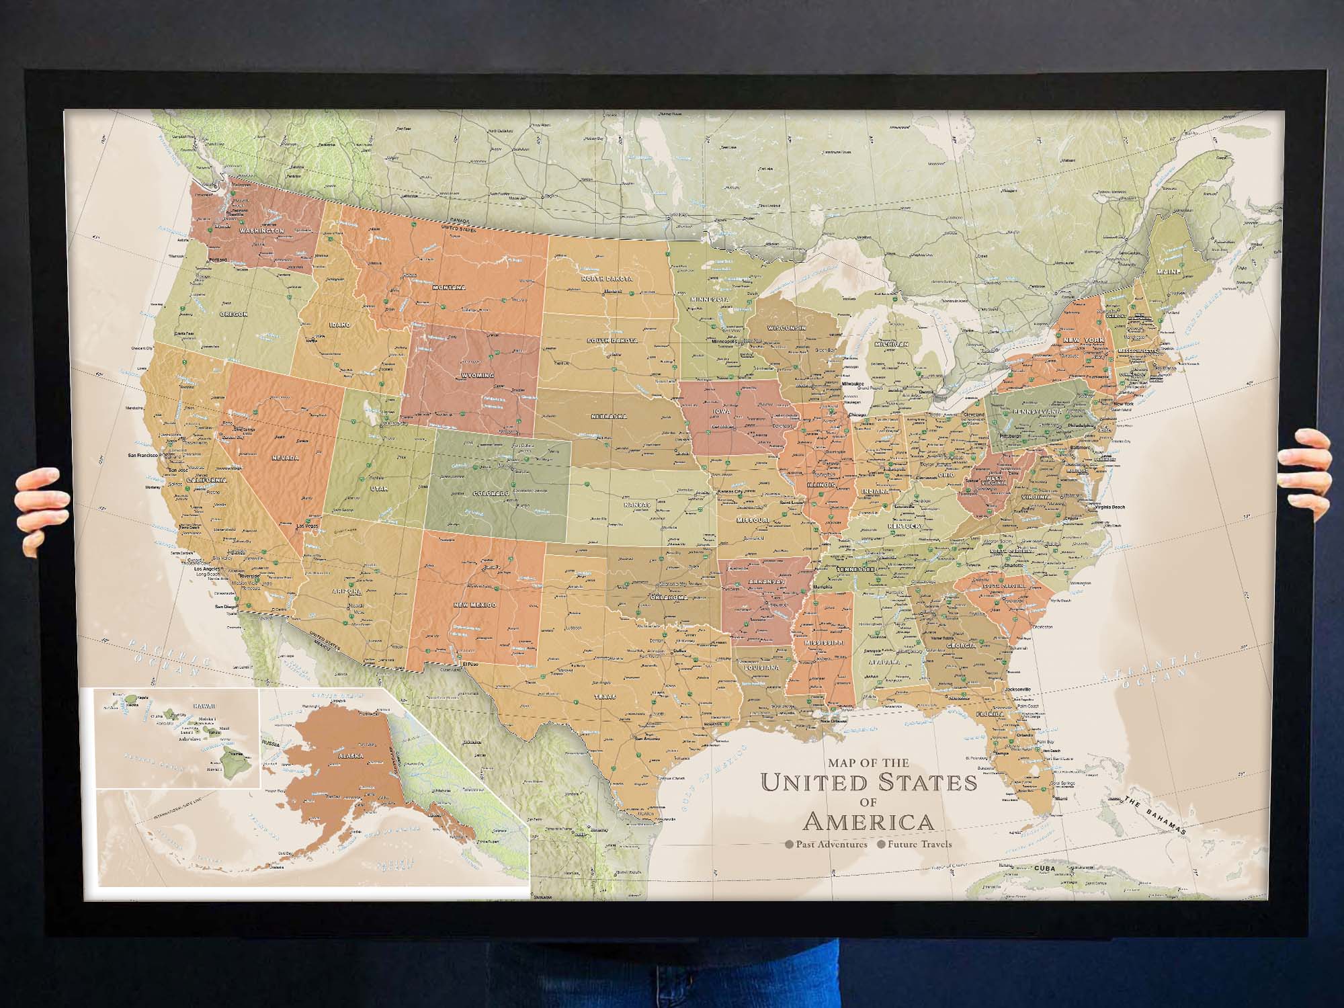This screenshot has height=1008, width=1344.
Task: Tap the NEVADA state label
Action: click(286, 458)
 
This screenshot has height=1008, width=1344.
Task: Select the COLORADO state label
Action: click(491, 494)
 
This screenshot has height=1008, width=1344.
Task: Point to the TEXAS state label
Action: click(604, 697)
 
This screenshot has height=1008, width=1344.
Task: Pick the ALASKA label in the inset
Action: click(351, 755)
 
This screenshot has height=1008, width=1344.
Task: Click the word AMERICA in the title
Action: click(868, 822)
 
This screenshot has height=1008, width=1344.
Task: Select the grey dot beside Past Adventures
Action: click(789, 845)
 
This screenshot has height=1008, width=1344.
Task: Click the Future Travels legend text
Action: click(919, 845)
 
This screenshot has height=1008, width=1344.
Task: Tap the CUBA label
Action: click(1044, 868)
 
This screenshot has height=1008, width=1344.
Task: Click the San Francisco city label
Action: click(142, 456)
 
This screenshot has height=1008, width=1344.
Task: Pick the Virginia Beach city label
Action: click(1107, 507)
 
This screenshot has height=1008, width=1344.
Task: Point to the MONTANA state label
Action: click(449, 288)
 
